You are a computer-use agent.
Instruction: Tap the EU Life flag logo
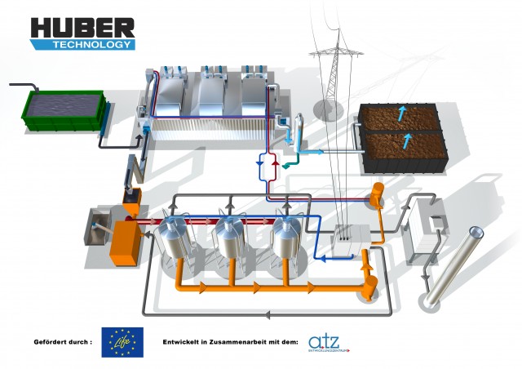[122, 342]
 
